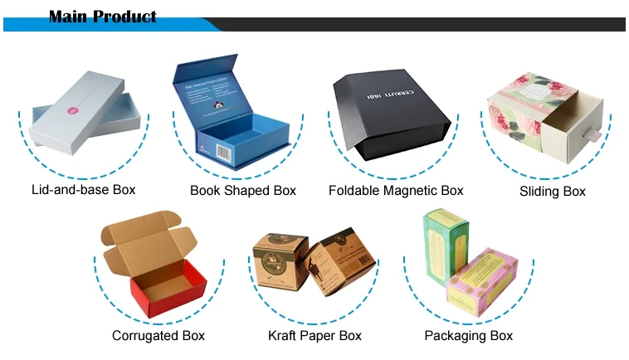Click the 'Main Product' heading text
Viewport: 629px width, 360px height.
coord(102,16)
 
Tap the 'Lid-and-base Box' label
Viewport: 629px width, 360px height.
coord(83,190)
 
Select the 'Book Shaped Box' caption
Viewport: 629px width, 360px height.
coord(243,191)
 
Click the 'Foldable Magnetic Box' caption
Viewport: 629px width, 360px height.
coord(396,191)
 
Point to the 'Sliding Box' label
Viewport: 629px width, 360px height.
coord(553,192)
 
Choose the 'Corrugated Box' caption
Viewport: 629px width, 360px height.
coord(158,336)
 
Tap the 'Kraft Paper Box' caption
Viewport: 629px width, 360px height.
coord(314,336)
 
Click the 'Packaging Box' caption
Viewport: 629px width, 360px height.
coord(469,336)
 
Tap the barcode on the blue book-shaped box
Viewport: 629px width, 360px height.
coord(223,152)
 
